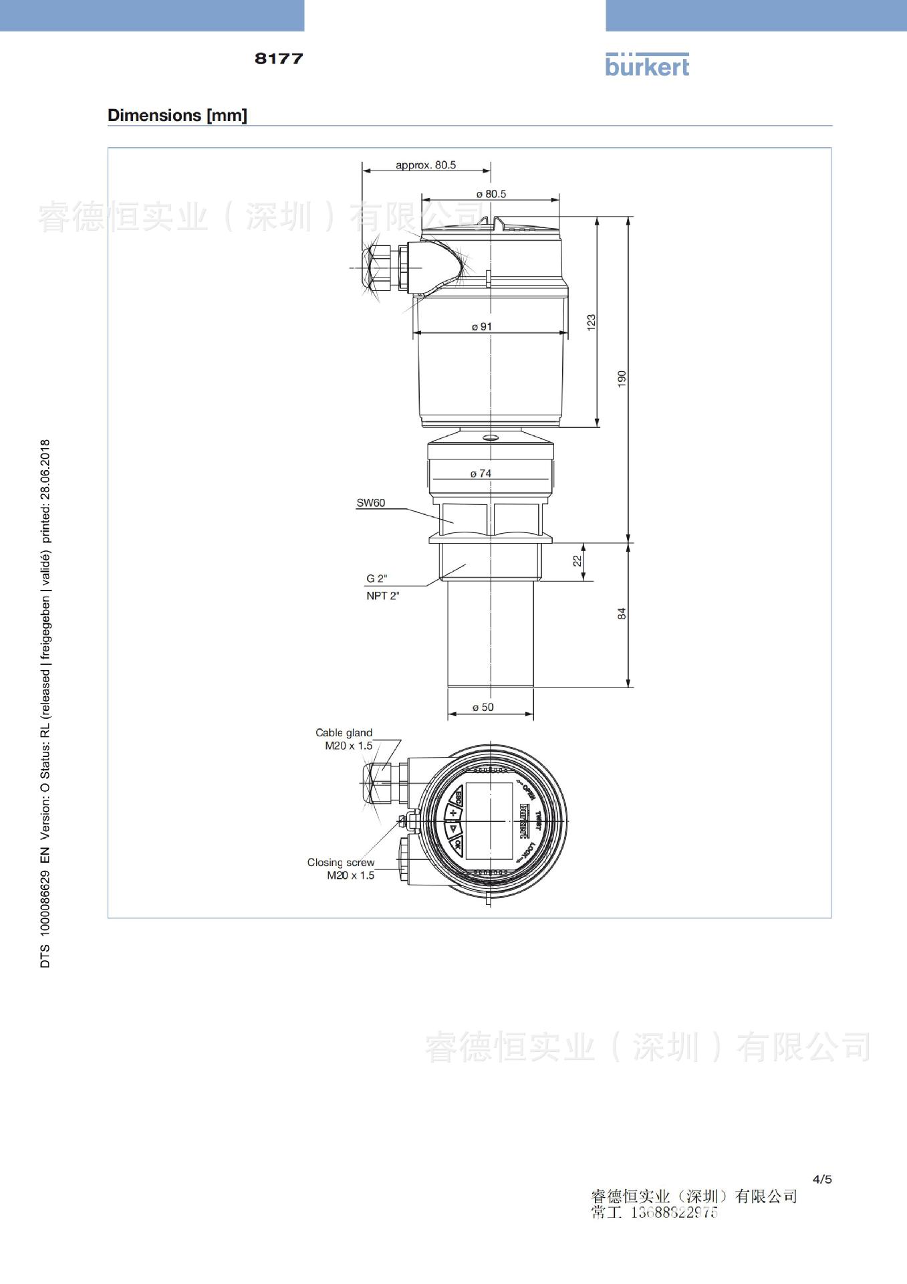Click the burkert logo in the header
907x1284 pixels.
click(x=646, y=65)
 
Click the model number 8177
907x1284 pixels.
click(x=279, y=59)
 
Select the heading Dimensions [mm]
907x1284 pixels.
click(x=177, y=115)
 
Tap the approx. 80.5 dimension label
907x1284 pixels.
click(x=426, y=165)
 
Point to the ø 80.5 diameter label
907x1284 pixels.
click(x=491, y=194)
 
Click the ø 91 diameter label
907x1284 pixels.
click(x=482, y=327)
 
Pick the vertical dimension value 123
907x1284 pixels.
click(x=591, y=322)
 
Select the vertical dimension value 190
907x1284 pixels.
click(x=622, y=379)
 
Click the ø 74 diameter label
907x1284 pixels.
click(x=481, y=473)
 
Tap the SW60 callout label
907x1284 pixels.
click(x=371, y=503)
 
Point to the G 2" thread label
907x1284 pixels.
click(x=377, y=578)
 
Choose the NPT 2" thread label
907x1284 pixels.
click(x=383, y=596)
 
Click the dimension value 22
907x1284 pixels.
click(x=577, y=561)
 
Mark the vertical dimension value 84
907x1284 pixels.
click(x=622, y=614)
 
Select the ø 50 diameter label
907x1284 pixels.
click(x=483, y=708)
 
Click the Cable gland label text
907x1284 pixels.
click(x=344, y=733)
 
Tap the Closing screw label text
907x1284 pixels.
click(x=341, y=863)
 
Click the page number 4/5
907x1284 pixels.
click(x=822, y=1179)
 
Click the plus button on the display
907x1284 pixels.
click(x=453, y=813)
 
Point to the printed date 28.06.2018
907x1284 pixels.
click(x=45, y=469)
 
